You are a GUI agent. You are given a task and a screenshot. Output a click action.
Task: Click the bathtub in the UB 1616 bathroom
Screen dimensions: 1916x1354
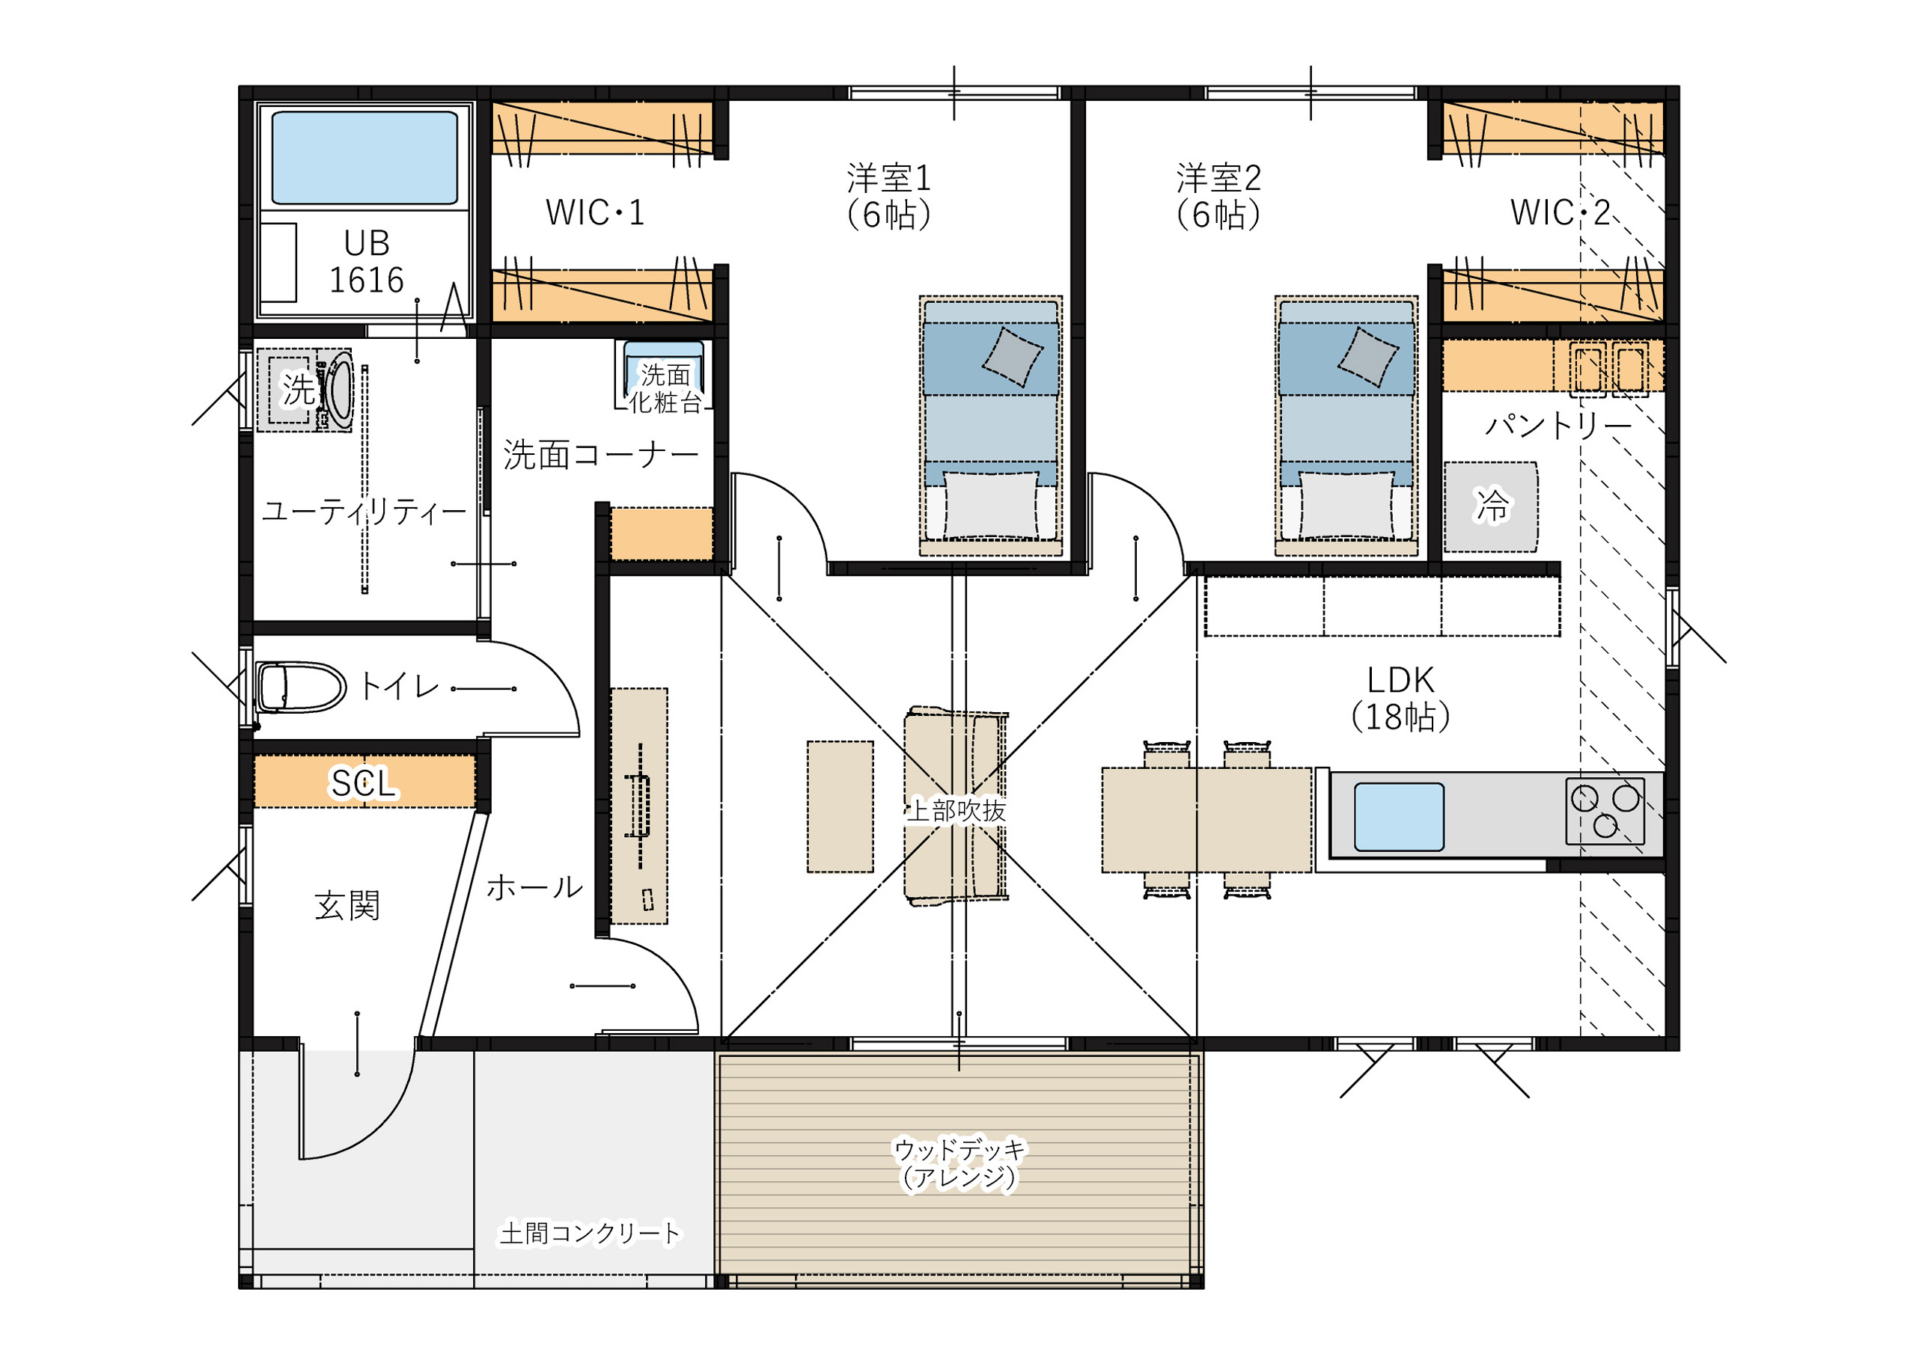(364, 158)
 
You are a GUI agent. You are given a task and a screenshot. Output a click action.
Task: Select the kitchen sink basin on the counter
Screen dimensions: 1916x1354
(1399, 817)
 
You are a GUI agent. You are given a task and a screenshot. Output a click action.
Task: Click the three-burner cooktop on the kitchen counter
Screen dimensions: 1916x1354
(1605, 811)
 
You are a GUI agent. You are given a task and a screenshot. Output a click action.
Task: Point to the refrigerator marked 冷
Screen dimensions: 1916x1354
(1490, 506)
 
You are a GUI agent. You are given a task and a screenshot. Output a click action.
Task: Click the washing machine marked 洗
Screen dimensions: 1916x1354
(304, 390)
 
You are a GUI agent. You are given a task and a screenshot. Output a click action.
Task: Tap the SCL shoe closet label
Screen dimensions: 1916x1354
(363, 783)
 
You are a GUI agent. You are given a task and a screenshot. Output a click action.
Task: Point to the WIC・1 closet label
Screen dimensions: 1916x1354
(595, 212)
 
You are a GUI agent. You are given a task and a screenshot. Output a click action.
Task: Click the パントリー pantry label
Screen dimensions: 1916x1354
(1558, 426)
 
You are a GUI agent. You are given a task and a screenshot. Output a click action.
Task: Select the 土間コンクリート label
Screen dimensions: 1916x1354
(590, 1233)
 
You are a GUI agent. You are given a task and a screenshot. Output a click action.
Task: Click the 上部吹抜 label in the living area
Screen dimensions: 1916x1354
(956, 810)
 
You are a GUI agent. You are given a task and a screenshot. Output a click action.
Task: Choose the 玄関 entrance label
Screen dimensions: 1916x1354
(347, 905)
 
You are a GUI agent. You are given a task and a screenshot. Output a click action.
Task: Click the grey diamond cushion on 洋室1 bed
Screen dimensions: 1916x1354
(1012, 357)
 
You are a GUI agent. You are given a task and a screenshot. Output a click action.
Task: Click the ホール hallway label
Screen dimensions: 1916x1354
(534, 886)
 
